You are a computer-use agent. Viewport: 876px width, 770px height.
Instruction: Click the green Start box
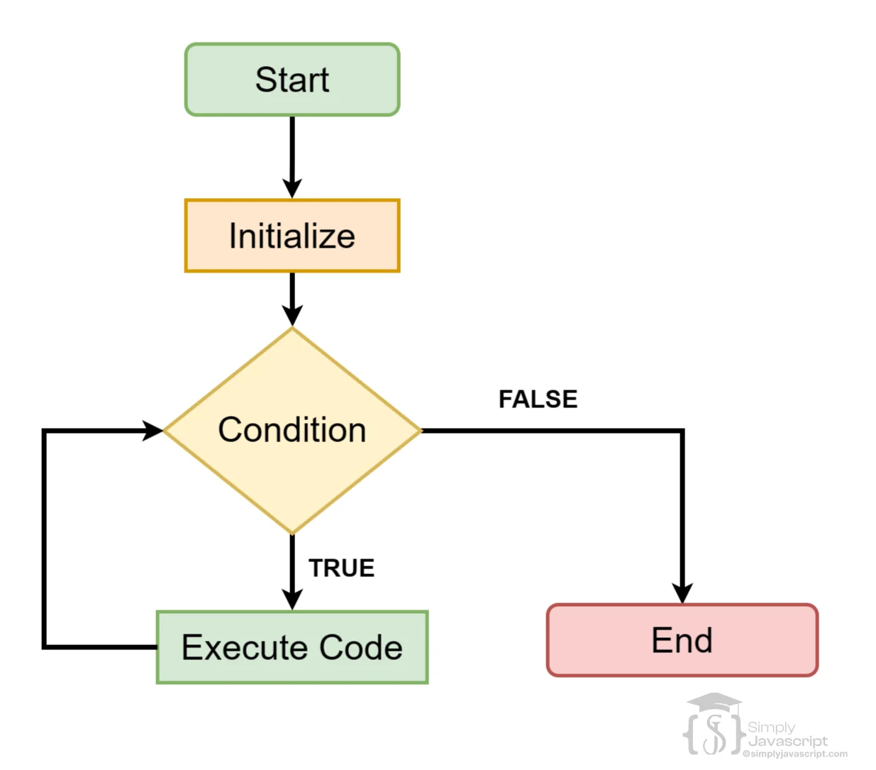[x=292, y=79]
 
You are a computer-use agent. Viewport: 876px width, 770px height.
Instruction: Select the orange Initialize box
[x=292, y=236]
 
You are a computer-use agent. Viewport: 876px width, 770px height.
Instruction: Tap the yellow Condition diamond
[x=292, y=430]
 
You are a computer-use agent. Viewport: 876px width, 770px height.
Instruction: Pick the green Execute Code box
[x=292, y=647]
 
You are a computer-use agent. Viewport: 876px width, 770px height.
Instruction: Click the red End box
[x=682, y=640]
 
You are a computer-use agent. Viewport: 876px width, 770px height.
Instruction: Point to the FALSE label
[x=538, y=399]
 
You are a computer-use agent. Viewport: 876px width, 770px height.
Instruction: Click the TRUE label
[x=341, y=568]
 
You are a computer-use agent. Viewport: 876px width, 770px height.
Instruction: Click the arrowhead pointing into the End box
[x=682, y=593]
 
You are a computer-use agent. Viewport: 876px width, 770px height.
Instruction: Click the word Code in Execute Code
[x=360, y=647]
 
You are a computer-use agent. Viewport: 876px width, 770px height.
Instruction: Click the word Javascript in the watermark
[x=787, y=741]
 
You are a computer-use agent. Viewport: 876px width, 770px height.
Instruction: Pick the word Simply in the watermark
[x=771, y=727]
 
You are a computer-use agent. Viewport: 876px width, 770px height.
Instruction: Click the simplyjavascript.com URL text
[x=795, y=754]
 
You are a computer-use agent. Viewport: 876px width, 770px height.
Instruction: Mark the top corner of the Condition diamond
[x=292, y=329]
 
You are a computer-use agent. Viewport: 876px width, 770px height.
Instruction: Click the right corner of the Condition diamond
[x=420, y=430]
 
